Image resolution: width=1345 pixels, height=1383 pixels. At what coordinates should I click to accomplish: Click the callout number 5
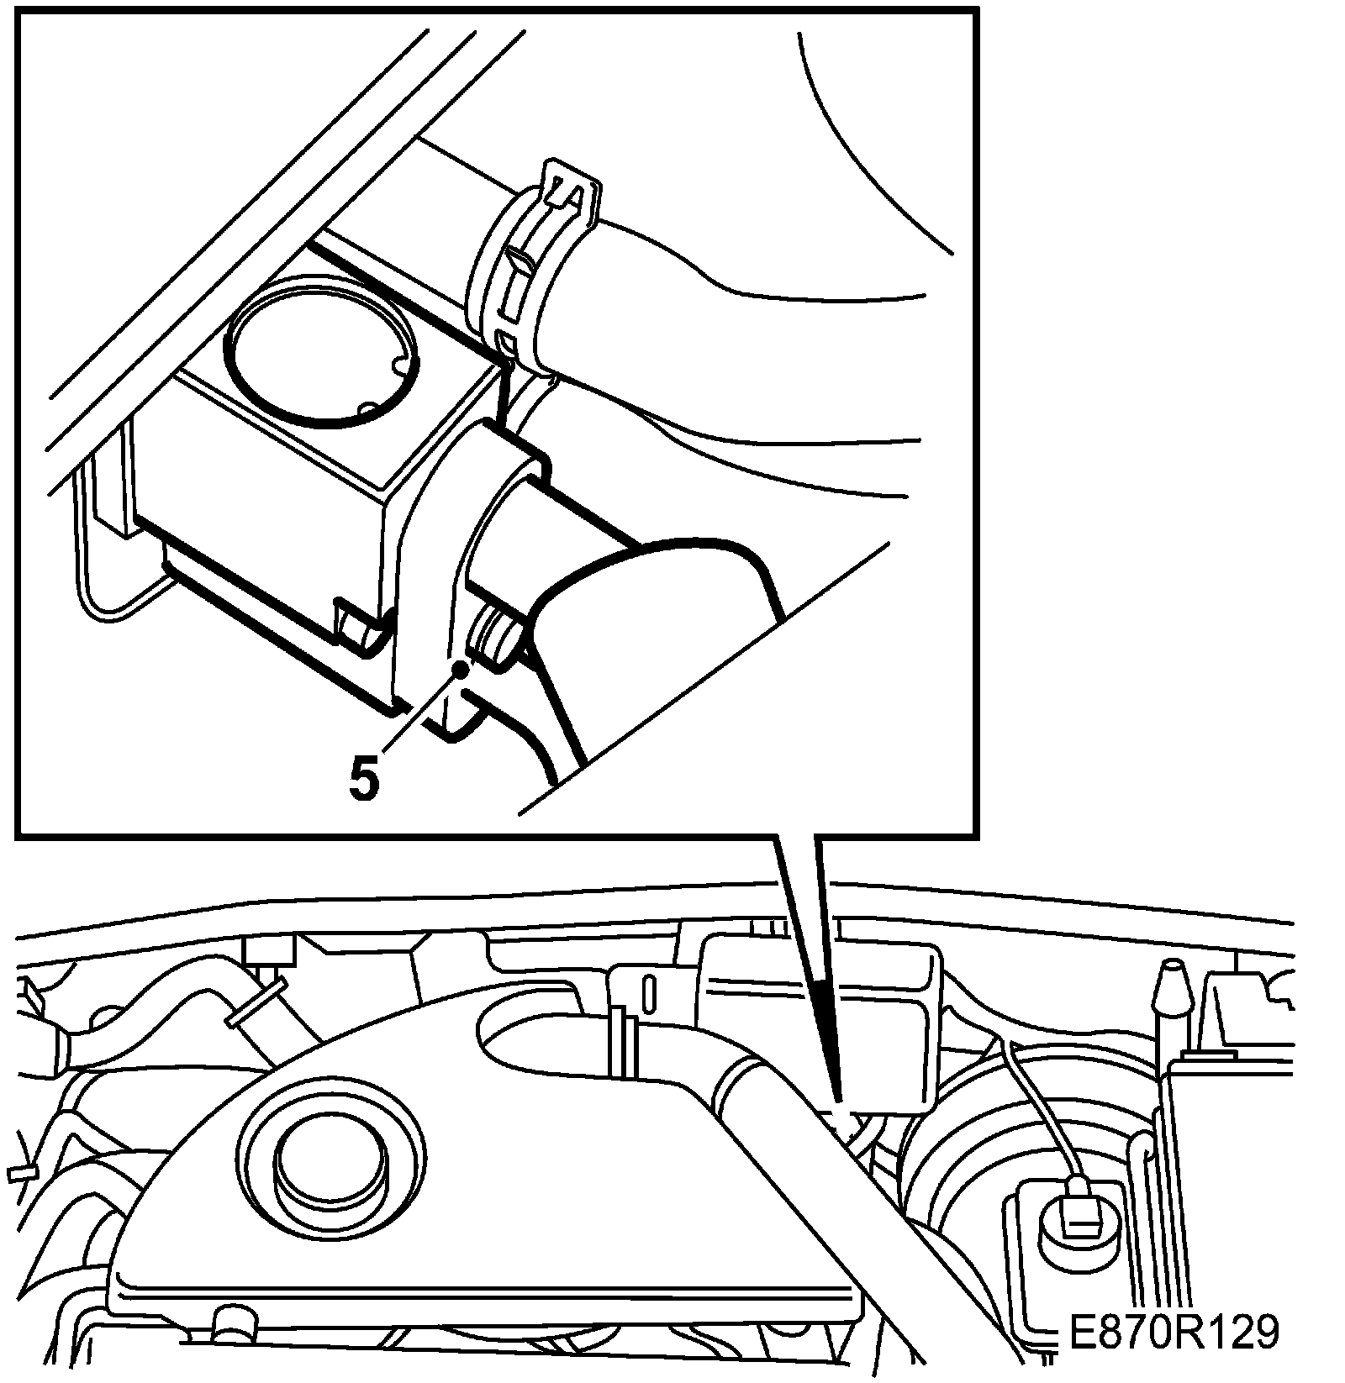tap(364, 779)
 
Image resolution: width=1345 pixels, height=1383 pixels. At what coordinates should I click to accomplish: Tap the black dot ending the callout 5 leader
tap(460, 668)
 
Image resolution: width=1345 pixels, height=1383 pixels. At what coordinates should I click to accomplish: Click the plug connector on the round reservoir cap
tap(1079, 1207)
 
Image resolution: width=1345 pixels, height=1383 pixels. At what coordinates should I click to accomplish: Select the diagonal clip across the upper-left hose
tap(256, 1002)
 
